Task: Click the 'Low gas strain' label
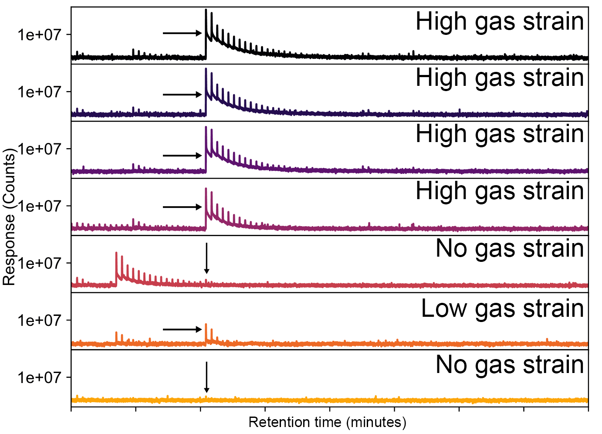click(502, 309)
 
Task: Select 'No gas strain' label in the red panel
click(510, 249)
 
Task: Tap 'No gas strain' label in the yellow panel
click(510, 365)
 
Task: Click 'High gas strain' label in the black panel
click(500, 21)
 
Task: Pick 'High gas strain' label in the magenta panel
click(500, 191)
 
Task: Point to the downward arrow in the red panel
click(206, 258)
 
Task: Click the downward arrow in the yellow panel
click(206, 377)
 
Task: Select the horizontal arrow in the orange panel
click(182, 329)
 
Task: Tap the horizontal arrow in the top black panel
click(182, 33)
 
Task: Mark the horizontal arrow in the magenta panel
click(182, 207)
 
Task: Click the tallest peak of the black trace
click(206, 10)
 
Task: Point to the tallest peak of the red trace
click(116, 253)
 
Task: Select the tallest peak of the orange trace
click(206, 325)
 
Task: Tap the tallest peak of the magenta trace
click(206, 189)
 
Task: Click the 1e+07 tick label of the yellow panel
click(39, 377)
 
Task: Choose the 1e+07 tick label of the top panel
click(39, 34)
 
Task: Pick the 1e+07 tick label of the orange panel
click(39, 320)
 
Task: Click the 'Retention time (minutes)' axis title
click(327, 422)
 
